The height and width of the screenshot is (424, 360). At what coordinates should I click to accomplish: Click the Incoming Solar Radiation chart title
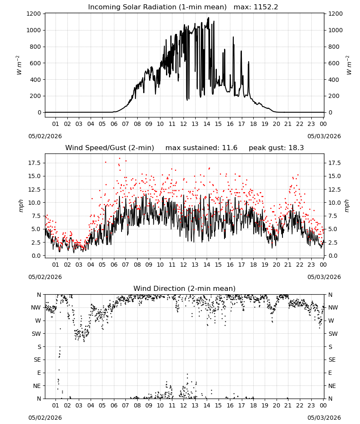click(x=157, y=7)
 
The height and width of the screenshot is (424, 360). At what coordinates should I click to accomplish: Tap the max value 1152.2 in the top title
click(x=266, y=7)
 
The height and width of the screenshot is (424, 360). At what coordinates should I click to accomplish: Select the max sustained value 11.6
click(x=230, y=148)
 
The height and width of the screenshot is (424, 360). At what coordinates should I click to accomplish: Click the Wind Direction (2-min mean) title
click(x=185, y=288)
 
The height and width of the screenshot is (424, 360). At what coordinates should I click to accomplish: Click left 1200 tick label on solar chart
click(x=34, y=14)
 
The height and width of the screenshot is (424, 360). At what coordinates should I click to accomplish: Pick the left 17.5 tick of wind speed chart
click(x=34, y=163)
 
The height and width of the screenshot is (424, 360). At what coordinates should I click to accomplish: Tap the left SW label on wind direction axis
click(x=36, y=334)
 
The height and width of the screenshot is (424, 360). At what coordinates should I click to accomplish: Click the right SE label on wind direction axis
click(x=332, y=360)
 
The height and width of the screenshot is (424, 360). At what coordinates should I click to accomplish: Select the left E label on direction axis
click(x=39, y=373)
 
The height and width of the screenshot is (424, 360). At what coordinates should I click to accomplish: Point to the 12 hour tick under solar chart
click(x=183, y=124)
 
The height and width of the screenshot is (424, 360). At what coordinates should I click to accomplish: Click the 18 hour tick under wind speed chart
click(x=253, y=265)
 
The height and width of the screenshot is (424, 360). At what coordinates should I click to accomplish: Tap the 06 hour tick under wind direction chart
click(x=114, y=406)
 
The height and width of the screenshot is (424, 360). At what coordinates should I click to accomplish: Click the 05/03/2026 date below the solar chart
click(x=324, y=136)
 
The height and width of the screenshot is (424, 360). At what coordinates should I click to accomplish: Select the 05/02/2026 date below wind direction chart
click(x=45, y=418)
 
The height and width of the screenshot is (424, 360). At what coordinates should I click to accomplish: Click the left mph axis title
click(x=21, y=206)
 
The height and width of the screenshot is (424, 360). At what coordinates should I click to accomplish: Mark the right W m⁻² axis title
click(x=349, y=65)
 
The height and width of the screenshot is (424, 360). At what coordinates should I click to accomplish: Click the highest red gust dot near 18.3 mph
click(x=119, y=159)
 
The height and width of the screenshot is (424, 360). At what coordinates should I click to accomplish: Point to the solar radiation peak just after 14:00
click(x=208, y=18)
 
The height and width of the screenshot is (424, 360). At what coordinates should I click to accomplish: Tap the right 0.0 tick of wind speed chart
click(x=332, y=256)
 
